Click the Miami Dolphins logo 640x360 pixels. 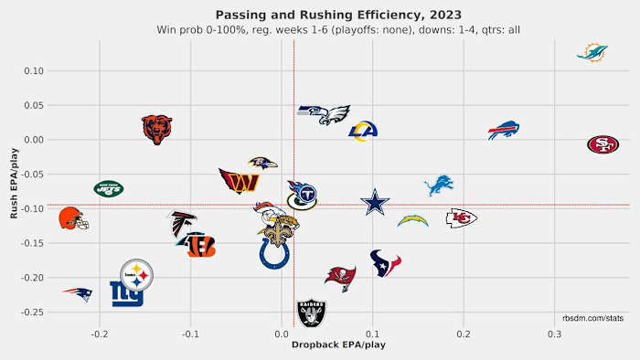592,51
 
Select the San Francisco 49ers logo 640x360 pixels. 603,144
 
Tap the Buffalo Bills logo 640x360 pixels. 503,130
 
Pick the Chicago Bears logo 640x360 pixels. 157,130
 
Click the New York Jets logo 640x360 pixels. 109,189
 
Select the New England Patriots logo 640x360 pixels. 78,293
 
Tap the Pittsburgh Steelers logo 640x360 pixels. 137,273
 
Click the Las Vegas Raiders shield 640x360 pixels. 312,313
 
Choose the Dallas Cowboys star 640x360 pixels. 374,202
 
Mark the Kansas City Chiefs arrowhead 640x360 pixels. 461,217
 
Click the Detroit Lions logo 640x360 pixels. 439,185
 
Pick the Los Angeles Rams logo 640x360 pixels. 363,131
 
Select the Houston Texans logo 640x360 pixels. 385,263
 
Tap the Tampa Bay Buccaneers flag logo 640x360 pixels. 340,277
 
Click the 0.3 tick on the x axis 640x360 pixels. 554,334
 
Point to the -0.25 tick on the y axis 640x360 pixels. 32,312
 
